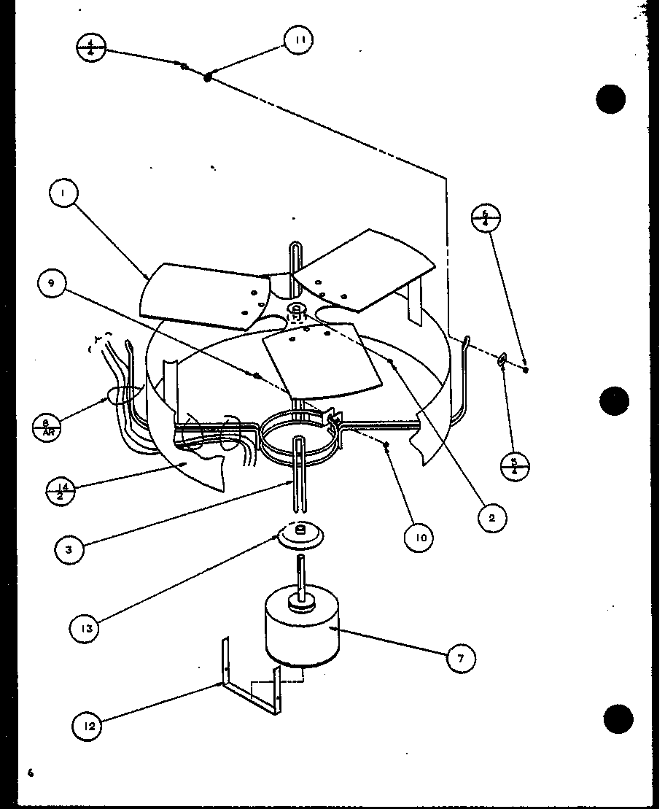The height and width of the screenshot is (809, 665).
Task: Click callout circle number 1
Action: pyautogui.click(x=64, y=194)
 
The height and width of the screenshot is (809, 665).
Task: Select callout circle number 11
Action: pyautogui.click(x=297, y=40)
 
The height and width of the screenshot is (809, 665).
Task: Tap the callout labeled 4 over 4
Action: pyautogui.click(x=92, y=48)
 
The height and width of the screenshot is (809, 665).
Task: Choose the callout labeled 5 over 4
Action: pyautogui.click(x=515, y=466)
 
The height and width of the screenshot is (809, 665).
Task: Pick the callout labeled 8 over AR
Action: pyautogui.click(x=47, y=427)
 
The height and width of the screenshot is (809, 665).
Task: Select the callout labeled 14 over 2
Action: pyautogui.click(x=60, y=490)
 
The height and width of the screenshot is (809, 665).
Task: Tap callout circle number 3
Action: pyautogui.click(x=69, y=549)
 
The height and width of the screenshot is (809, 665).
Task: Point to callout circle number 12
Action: pyautogui.click(x=87, y=725)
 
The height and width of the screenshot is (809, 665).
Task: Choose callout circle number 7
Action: pyautogui.click(x=460, y=659)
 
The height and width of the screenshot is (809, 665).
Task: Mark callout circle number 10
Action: pyautogui.click(x=419, y=538)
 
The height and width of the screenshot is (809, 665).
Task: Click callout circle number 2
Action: pyautogui.click(x=492, y=518)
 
